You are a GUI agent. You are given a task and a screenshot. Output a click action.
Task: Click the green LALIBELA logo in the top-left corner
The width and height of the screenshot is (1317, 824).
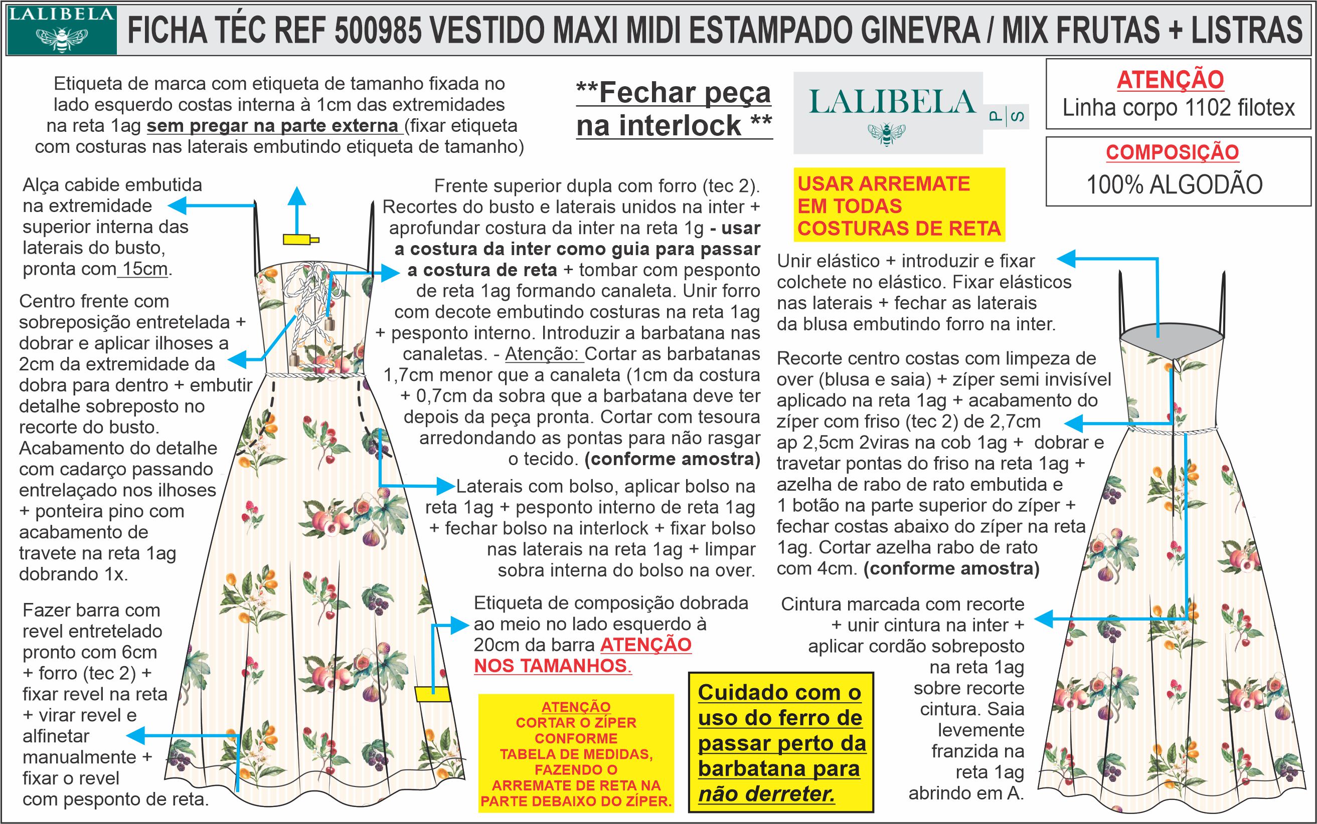pos(62,30)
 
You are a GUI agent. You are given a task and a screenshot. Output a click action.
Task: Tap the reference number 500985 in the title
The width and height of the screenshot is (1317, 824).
pos(377,30)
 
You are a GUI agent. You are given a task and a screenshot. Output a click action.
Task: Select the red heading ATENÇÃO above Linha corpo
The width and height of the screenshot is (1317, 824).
pos(1170,80)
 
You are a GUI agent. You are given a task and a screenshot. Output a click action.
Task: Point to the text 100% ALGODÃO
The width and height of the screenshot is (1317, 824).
pos(1175,185)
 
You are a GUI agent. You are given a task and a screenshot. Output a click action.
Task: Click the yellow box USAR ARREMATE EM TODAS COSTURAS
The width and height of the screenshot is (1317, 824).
pos(899,205)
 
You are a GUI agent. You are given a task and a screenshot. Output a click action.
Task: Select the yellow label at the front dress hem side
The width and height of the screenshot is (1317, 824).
pos(431,694)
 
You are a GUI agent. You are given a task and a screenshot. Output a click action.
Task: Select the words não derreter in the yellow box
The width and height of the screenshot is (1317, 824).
pos(766,794)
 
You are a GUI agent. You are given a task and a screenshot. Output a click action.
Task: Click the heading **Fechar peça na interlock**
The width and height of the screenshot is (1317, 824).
pos(674,109)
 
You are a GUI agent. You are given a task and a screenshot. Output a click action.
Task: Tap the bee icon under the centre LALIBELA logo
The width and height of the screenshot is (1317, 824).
pos(886,134)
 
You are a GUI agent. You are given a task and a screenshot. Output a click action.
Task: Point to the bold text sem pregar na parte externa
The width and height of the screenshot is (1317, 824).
pos(273,126)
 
